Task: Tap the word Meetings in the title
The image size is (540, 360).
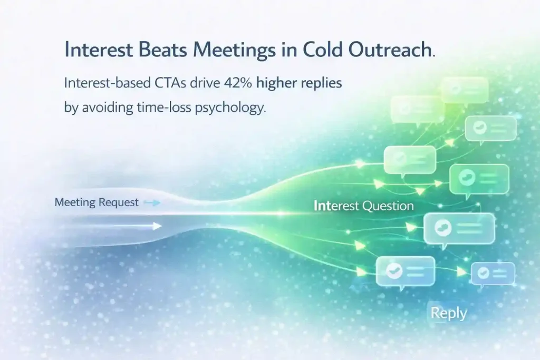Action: [235, 50]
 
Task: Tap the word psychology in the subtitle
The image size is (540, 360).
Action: [230, 108]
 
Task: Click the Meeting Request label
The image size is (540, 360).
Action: [97, 202]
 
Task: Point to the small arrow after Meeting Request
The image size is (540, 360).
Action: [152, 203]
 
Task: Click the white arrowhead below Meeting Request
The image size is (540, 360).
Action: [157, 226]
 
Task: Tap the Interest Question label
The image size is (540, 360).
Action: [364, 206]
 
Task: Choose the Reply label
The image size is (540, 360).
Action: [449, 313]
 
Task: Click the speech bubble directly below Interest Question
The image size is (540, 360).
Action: [459, 229]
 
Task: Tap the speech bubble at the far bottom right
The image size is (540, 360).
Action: [493, 274]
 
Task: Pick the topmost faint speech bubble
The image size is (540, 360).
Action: [465, 90]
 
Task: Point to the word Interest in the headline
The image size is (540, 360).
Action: [99, 50]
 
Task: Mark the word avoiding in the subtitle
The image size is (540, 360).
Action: [108, 108]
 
